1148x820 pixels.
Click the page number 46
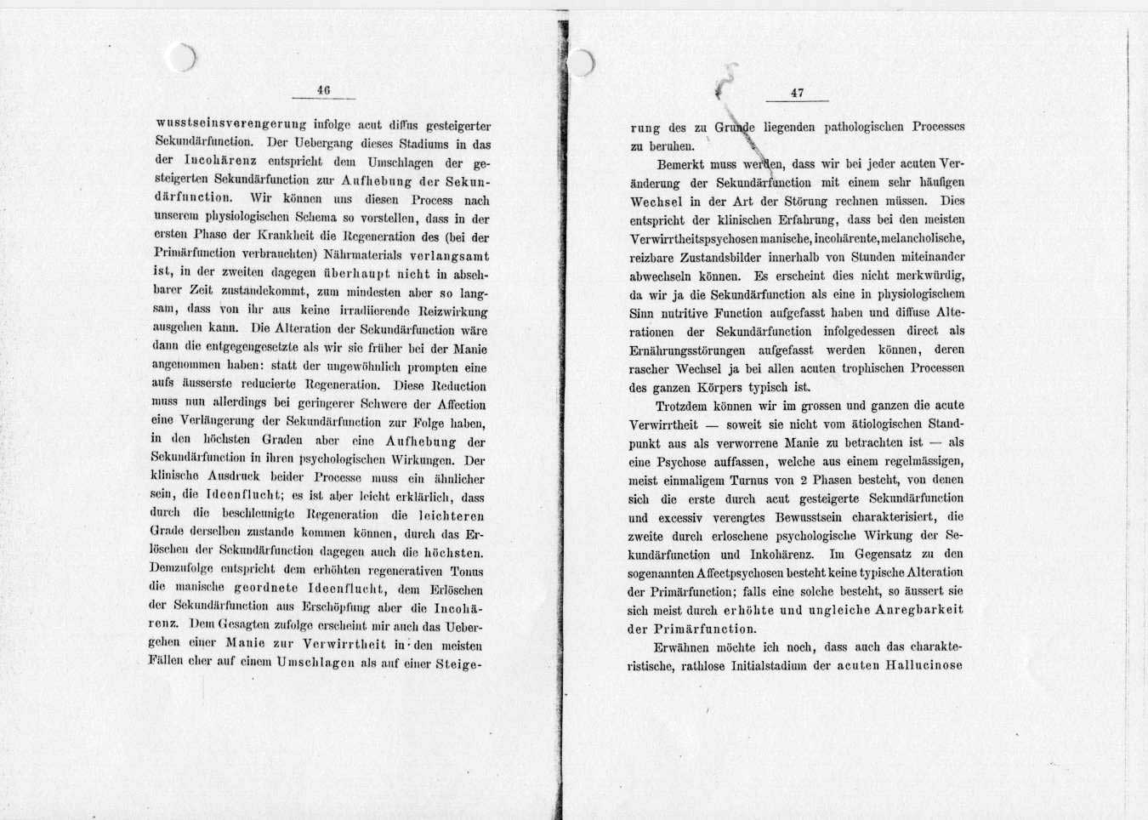pyautogui.click(x=322, y=89)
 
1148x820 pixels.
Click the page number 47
pyautogui.click(x=797, y=93)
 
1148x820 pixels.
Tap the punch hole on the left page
pyautogui.click(x=181, y=58)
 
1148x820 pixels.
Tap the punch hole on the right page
pyautogui.click(x=580, y=63)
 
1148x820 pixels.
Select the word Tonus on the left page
pyautogui.click(x=467, y=572)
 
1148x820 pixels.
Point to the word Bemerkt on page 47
pyautogui.click(x=683, y=163)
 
